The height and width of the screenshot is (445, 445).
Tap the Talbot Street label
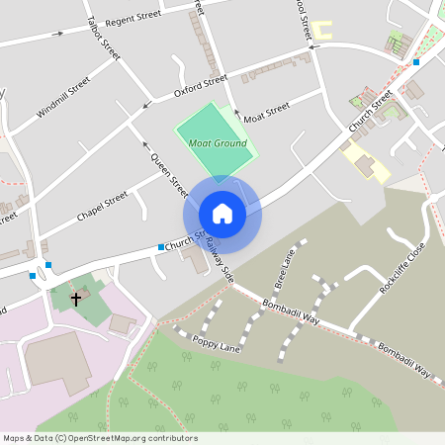click(104, 38)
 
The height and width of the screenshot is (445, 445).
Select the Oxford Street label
click(201, 86)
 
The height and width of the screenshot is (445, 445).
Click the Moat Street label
click(266, 109)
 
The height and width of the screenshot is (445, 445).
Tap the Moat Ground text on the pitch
click(218, 143)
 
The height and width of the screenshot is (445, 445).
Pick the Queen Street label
click(169, 174)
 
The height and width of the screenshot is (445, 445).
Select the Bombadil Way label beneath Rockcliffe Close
click(405, 361)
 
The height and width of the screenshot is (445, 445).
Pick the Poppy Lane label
click(217, 344)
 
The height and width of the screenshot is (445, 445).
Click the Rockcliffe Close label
click(402, 271)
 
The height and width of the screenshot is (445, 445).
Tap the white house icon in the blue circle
click(222, 213)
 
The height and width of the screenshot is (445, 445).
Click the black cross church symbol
click(75, 297)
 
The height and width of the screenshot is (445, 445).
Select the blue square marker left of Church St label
click(160, 246)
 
